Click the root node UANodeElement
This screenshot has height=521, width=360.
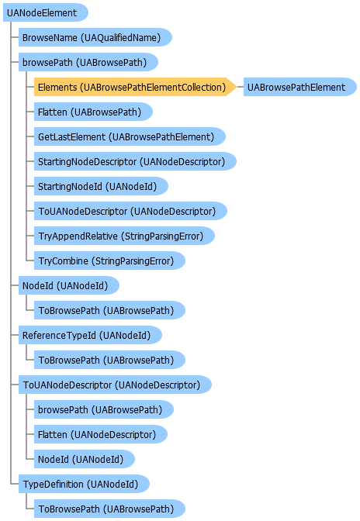coord(46,12)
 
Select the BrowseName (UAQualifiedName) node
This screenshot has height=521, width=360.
coord(95,37)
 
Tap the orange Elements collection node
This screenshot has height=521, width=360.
coord(135,87)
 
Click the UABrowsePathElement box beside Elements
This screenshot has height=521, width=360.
coord(299,87)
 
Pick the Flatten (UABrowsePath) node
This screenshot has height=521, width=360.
coord(93,112)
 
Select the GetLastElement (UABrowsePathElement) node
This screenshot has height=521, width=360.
coord(130,136)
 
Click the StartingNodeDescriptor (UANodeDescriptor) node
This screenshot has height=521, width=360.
coord(135,161)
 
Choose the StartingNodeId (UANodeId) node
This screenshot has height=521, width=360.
coord(101,186)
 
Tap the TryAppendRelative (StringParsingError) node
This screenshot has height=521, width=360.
coord(124,236)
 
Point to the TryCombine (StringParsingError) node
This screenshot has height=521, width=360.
coord(109,260)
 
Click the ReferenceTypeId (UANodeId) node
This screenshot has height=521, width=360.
coord(90,335)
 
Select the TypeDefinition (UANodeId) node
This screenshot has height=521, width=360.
coord(84,484)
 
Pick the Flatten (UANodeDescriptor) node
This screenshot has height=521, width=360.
coord(100,434)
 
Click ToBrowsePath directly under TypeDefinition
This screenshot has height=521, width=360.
coord(109,509)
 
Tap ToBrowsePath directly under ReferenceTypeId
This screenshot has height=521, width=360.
coord(109,360)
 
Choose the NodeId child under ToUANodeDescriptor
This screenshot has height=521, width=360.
coord(85,459)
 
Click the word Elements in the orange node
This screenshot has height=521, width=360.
coord(57,88)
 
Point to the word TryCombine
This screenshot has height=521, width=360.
coord(64,261)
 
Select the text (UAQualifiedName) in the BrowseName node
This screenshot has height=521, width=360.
coord(121,37)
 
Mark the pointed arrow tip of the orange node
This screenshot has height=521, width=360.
coord(237,87)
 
